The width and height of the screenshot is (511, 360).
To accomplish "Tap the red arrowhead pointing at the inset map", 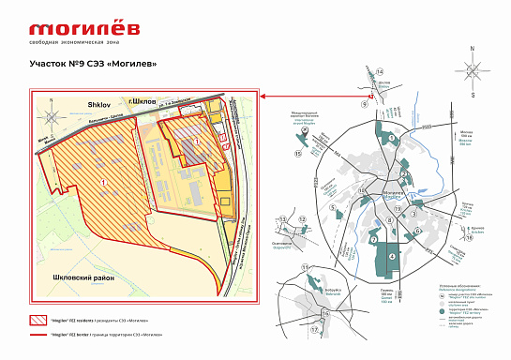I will pyautogui.click(x=263, y=95).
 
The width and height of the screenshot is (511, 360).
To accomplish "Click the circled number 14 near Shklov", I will pyautogui.click(x=380, y=71).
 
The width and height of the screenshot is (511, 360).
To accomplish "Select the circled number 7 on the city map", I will pyautogui.click(x=373, y=241).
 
